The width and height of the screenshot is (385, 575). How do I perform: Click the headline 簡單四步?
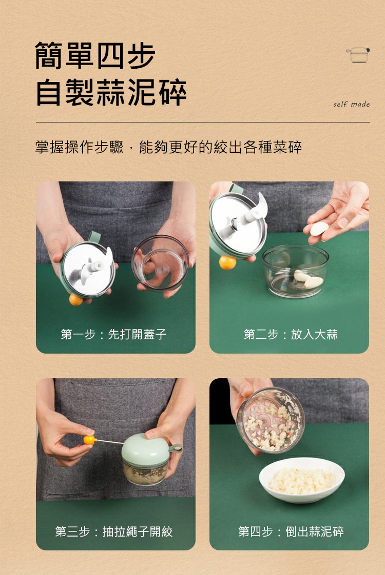(x=95, y=55)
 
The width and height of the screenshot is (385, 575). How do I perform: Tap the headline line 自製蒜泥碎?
(x=111, y=92)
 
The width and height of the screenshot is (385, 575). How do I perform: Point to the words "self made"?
(x=351, y=104)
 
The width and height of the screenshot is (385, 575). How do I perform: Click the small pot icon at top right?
(x=358, y=55)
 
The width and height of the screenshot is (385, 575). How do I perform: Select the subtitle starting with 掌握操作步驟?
(x=168, y=147)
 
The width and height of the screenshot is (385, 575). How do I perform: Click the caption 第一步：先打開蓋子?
(x=113, y=334)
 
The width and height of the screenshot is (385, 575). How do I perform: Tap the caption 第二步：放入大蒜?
(x=290, y=334)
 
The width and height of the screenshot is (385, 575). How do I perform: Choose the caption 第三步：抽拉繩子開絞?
(x=113, y=531)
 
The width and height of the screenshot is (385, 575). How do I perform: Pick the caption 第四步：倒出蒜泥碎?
(x=291, y=531)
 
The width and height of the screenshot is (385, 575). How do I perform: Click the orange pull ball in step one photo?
(x=75, y=300)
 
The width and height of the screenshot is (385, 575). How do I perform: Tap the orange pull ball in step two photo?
(x=227, y=262)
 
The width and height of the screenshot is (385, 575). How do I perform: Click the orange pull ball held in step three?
(x=88, y=440)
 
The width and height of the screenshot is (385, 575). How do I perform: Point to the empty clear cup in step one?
(x=160, y=263)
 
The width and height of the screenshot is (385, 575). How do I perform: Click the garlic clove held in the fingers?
(x=319, y=229)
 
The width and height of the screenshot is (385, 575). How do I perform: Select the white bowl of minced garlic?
(x=302, y=480)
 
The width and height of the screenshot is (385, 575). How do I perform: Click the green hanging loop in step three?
(x=176, y=448)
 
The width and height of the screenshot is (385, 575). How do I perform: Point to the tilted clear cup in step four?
(x=271, y=420)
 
